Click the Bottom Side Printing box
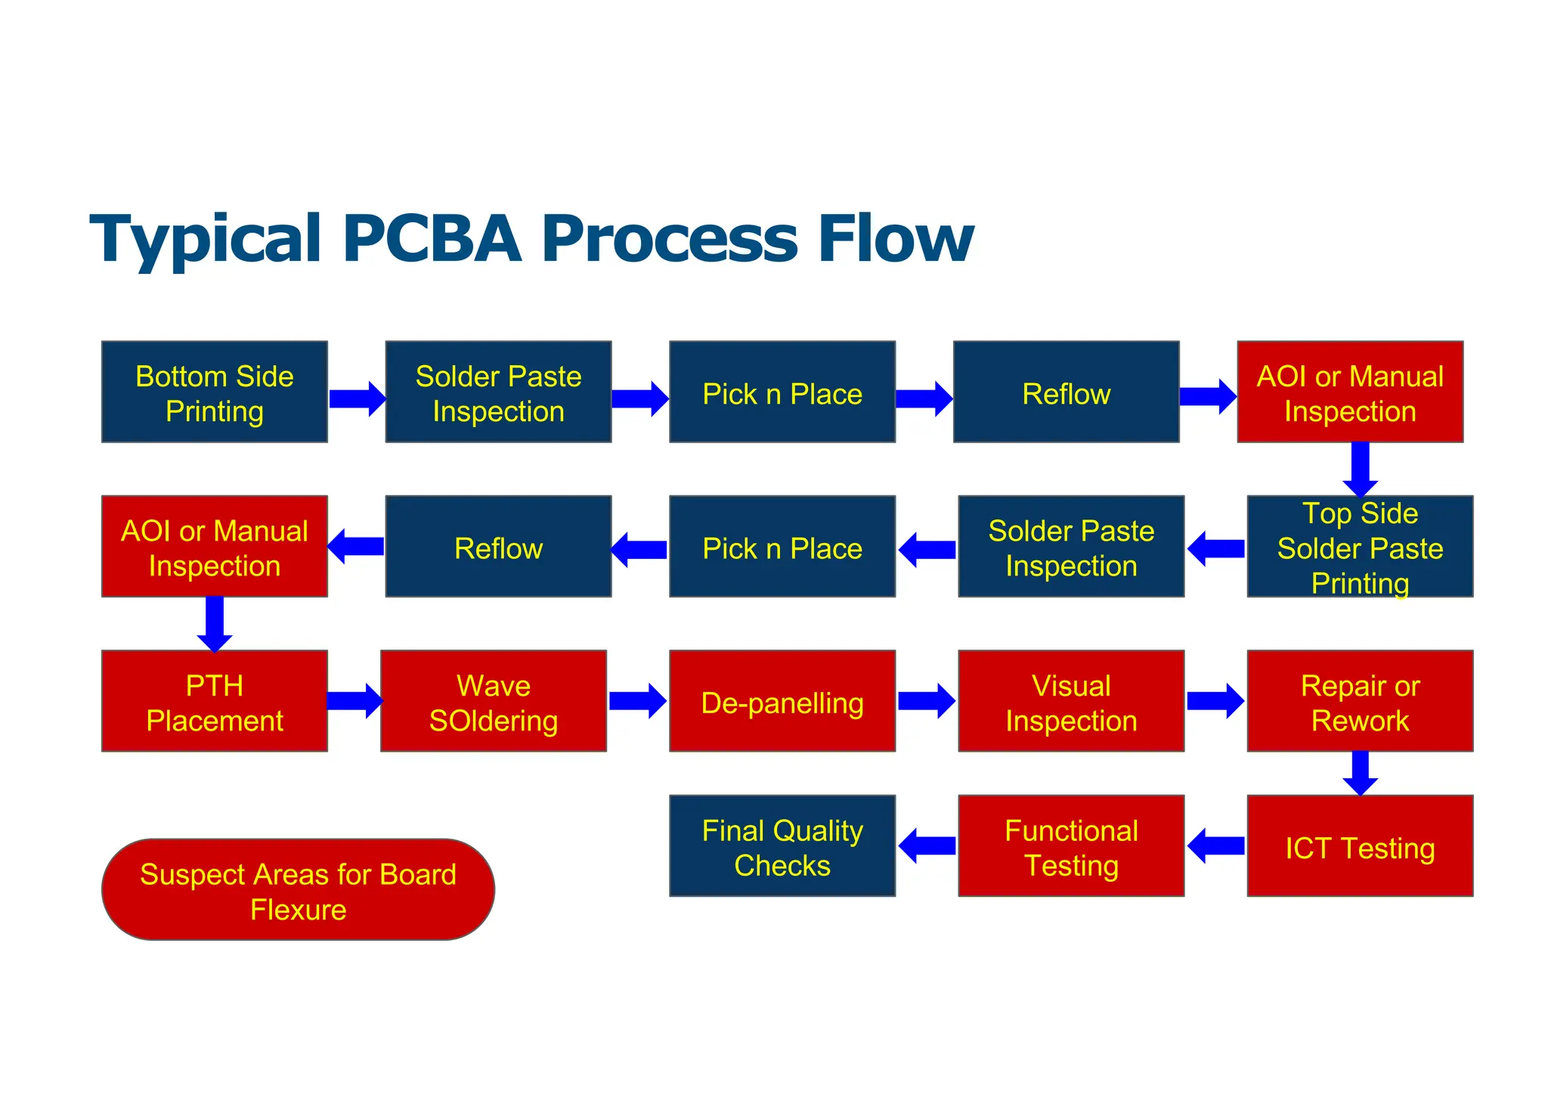(215, 392)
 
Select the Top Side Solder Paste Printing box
(1359, 547)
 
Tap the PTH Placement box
(215, 701)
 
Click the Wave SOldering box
(493, 701)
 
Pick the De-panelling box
(782, 701)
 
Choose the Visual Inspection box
(1070, 701)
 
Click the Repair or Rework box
(1359, 701)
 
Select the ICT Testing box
(1359, 846)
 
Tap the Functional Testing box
(1070, 846)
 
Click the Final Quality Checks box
(782, 846)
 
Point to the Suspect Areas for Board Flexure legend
(298, 890)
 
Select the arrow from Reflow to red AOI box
(1208, 397)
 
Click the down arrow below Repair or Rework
(1360, 773)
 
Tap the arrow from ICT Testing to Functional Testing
(1215, 845)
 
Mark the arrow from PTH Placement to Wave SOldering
(354, 701)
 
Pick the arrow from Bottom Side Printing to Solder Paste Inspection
(357, 399)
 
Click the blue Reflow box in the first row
(1066, 392)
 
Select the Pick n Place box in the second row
(782, 547)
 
